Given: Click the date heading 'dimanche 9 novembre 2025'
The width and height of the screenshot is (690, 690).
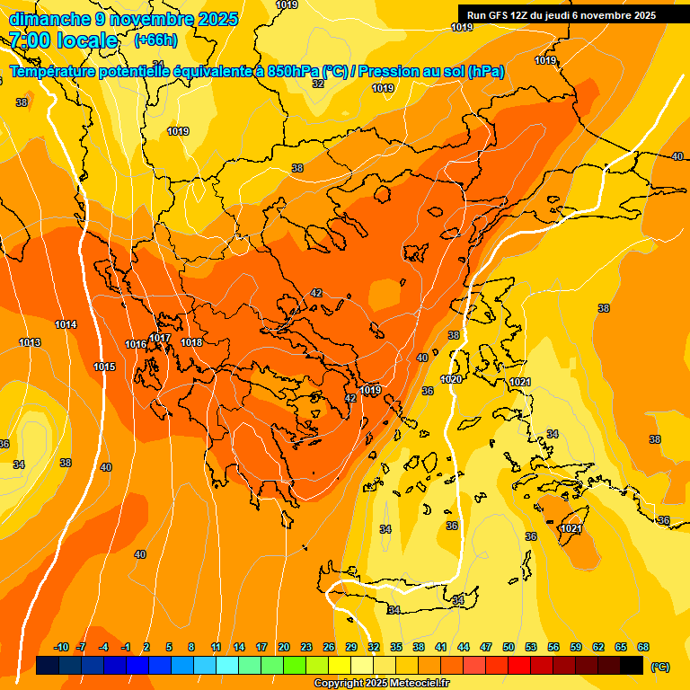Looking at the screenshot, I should (x=123, y=19).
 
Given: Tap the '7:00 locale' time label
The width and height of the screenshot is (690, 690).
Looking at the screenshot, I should (x=64, y=40).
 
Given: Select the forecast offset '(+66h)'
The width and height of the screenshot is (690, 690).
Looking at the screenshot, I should (x=155, y=40).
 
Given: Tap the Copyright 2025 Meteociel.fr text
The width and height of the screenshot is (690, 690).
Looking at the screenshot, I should (x=382, y=683).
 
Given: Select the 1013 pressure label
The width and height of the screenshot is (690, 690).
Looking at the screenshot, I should (x=30, y=342).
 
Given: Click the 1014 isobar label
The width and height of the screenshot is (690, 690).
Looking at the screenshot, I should (x=66, y=324).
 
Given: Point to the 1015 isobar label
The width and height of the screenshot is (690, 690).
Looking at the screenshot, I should (x=104, y=367).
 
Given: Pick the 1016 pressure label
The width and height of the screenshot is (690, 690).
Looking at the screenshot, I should (x=136, y=344).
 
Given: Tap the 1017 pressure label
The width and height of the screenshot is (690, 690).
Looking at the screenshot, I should (x=160, y=338).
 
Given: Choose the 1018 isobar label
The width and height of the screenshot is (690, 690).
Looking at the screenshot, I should (x=191, y=342).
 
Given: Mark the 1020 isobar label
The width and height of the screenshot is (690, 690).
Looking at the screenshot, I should (x=451, y=380).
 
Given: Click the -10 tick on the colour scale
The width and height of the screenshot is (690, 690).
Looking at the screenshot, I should (x=62, y=647).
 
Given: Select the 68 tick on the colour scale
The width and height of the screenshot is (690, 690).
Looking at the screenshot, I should (x=643, y=647).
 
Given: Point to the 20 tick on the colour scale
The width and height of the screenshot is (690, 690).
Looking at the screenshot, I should (x=283, y=647).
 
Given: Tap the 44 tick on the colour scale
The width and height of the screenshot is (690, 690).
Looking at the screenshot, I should (x=464, y=647).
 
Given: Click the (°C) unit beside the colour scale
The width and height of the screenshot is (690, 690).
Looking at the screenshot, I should (x=660, y=666).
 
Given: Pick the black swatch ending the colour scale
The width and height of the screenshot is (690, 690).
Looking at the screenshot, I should (x=632, y=666).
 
